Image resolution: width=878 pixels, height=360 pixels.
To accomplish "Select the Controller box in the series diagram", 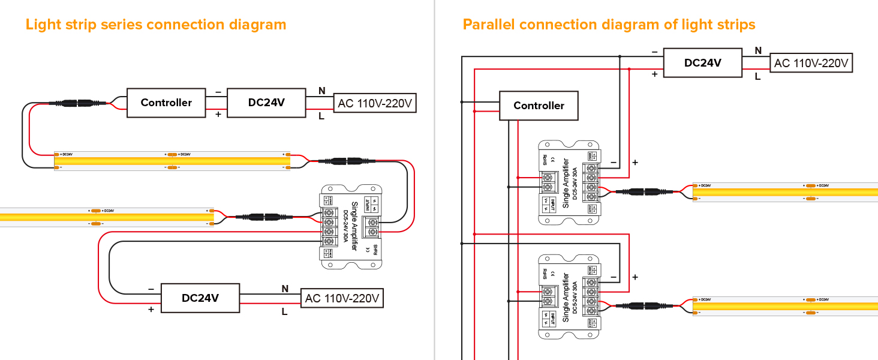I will click(166, 103).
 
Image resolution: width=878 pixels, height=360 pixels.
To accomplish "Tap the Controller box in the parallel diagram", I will click(539, 106).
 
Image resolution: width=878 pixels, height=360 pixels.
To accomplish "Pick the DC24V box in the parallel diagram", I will click(702, 62).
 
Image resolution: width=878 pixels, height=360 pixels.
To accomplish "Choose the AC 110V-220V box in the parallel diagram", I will click(811, 63).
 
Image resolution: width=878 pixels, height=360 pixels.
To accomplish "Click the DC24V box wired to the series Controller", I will click(266, 103).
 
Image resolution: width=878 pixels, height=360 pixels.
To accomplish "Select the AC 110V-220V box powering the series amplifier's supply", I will click(342, 298).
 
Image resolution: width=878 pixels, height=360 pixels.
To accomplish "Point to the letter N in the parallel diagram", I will click(758, 50).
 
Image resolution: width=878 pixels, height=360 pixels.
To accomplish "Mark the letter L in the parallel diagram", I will click(758, 76).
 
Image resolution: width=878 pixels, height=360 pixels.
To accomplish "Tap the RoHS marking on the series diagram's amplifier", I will click(376, 250).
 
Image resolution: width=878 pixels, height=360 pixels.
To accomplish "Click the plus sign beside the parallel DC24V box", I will click(654, 74).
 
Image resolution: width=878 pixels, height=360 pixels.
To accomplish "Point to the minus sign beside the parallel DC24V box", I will click(654, 52).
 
